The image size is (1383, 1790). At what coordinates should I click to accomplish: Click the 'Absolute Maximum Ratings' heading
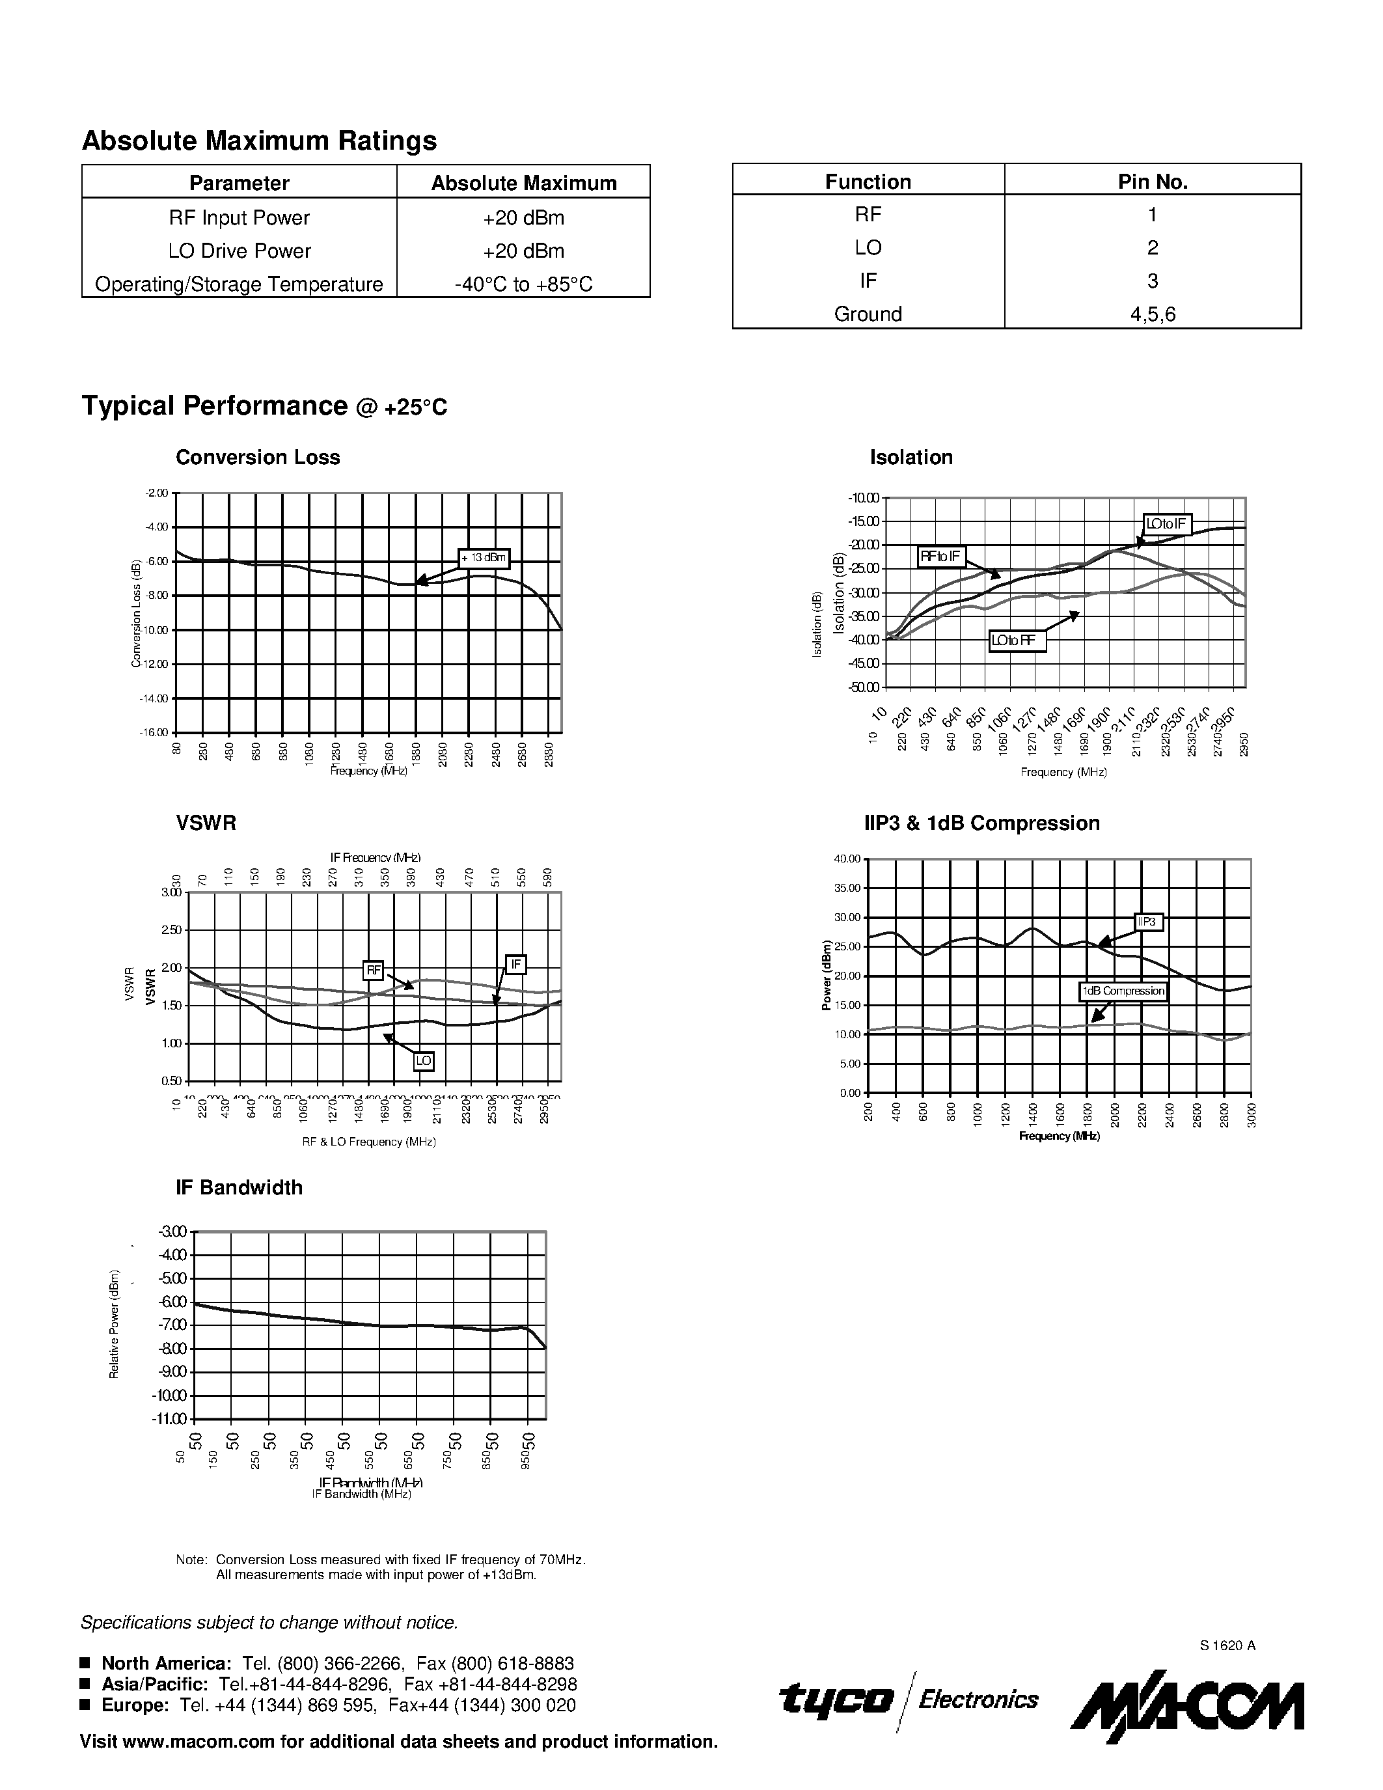coord(259,141)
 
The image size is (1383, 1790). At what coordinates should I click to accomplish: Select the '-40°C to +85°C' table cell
coord(523,284)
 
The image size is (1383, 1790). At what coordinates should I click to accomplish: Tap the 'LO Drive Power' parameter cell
coord(240,251)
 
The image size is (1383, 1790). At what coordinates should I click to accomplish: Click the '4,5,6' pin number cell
coord(1152,314)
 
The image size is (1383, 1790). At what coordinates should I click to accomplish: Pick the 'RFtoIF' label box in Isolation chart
coord(941,557)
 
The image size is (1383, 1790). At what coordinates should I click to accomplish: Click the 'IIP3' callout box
coord(1149,922)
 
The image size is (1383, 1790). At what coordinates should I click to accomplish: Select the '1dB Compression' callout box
coord(1123,991)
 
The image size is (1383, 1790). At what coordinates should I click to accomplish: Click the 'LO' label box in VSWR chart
coord(423,1062)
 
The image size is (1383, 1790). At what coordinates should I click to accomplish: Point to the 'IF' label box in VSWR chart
coord(515,965)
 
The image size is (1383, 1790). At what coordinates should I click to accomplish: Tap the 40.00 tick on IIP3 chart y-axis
coord(847,859)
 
